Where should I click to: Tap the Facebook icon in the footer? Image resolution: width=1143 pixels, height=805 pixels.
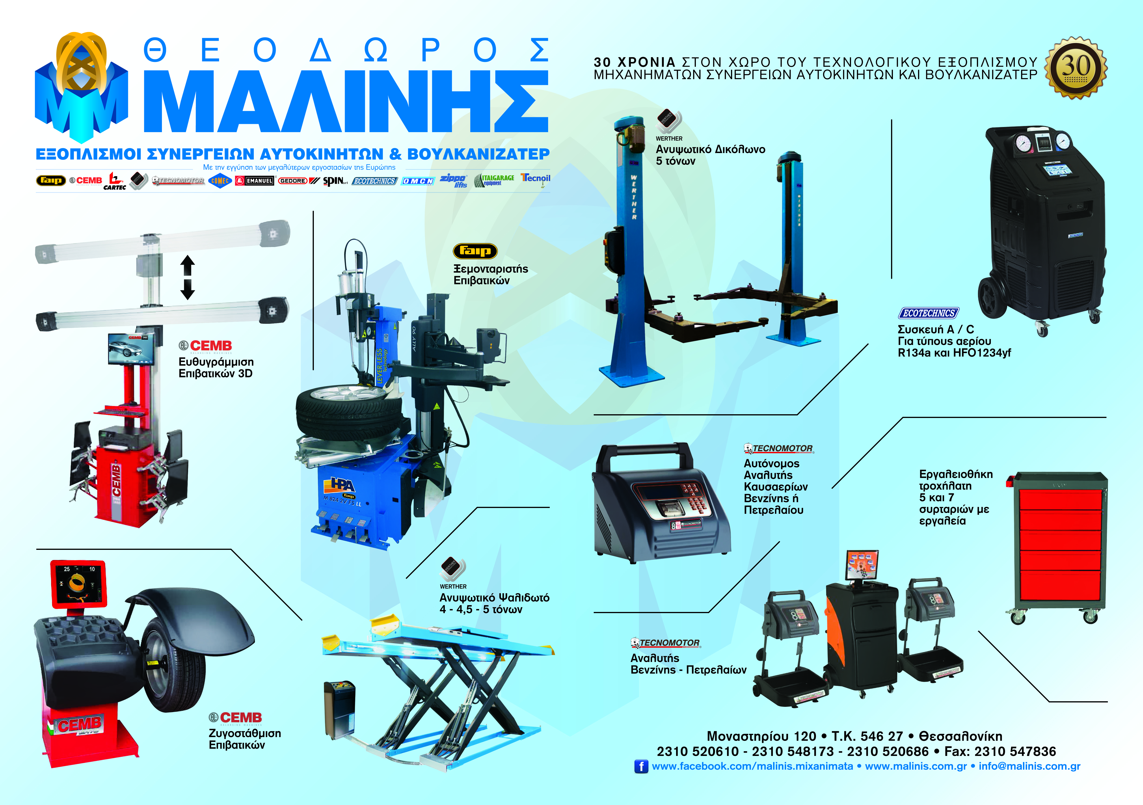point(641,766)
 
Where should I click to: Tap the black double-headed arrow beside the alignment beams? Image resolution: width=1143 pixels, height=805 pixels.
point(187,277)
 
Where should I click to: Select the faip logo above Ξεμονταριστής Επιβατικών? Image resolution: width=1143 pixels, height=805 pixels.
point(475,251)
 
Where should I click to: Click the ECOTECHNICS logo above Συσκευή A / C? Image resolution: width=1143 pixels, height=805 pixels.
point(928,313)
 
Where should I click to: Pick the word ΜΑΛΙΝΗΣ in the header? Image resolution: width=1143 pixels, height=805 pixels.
point(346,102)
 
